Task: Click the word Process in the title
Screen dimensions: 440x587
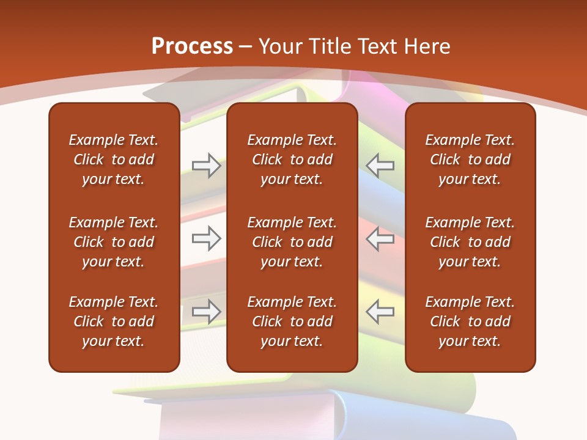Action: click(x=192, y=46)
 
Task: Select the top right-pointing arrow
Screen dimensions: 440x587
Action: click(x=207, y=166)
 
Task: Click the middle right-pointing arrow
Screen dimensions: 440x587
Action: click(x=207, y=238)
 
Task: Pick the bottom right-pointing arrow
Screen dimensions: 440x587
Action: click(x=207, y=312)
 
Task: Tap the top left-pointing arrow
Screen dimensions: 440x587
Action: click(x=380, y=166)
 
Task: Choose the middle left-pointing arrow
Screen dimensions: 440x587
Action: click(x=380, y=238)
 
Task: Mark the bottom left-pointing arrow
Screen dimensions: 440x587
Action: click(x=380, y=312)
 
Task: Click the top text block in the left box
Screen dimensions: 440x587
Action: click(x=114, y=159)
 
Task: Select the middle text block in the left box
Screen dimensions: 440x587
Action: click(x=114, y=242)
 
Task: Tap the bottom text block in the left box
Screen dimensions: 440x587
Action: click(x=114, y=321)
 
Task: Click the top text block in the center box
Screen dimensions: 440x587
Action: click(x=292, y=159)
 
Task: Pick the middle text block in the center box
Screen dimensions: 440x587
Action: click(x=292, y=242)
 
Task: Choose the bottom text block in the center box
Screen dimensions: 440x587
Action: click(x=292, y=321)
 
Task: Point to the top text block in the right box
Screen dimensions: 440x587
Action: click(x=470, y=159)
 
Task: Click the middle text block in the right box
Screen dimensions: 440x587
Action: click(x=470, y=242)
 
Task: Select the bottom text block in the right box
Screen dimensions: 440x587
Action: click(x=470, y=321)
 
